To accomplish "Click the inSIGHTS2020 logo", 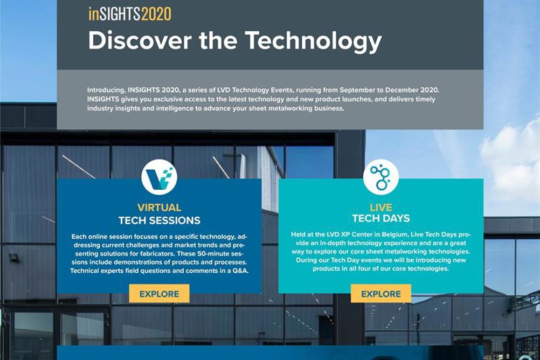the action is [130, 14].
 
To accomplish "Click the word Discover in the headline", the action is [140, 41].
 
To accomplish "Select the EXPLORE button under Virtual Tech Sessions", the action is [159, 294].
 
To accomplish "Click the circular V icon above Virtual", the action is [159, 177].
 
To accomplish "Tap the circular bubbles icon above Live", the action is [381, 177].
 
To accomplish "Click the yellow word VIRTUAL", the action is [159, 207].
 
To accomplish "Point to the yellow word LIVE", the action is [381, 207].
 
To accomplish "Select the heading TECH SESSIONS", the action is [160, 220].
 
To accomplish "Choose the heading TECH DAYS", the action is [381, 218].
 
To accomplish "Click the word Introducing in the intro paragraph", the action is [106, 90].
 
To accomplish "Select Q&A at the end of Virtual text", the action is [240, 271].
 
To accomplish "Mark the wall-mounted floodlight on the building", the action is [14, 257].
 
